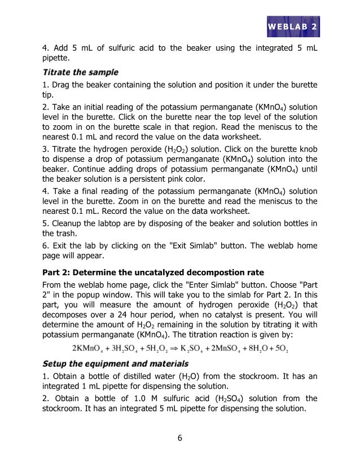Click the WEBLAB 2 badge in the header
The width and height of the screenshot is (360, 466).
pos(291,27)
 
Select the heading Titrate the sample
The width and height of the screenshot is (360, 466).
pos(81,72)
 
